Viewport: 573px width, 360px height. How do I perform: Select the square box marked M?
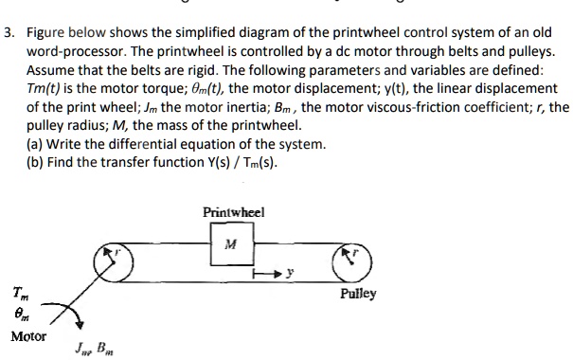pyautogui.click(x=231, y=245)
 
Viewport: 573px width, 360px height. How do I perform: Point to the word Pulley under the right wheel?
pyautogui.click(x=357, y=294)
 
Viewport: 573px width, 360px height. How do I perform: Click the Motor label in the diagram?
pyautogui.click(x=29, y=336)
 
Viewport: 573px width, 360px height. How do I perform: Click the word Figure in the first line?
pyautogui.click(x=47, y=11)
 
